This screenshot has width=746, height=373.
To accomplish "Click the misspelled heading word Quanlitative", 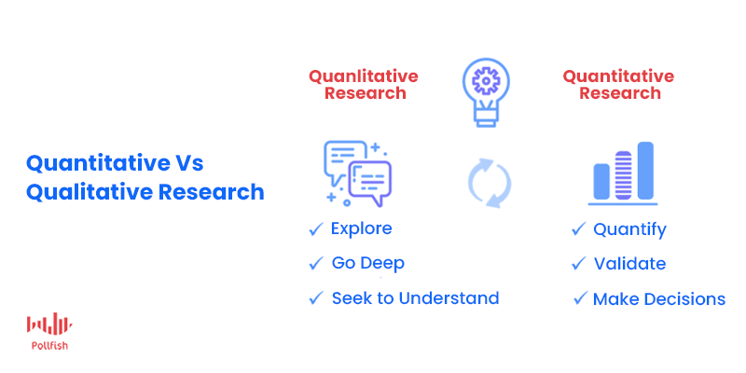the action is [x=364, y=76].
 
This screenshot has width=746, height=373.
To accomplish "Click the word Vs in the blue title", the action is [x=187, y=163].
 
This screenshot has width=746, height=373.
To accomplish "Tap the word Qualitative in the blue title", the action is [x=89, y=192].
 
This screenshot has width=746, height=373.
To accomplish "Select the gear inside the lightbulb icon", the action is [x=485, y=81].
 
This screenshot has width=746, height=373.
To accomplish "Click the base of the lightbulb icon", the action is [x=486, y=118].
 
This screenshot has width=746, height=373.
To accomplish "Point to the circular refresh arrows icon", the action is [x=490, y=183].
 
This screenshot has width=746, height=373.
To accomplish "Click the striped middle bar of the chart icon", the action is [x=623, y=175].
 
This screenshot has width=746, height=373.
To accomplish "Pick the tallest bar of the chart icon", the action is [x=645, y=171].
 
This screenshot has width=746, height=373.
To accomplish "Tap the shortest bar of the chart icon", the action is [x=601, y=181].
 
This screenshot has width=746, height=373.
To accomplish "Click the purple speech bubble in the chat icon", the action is [x=370, y=182].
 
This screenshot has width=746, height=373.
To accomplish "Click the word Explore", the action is [x=362, y=228].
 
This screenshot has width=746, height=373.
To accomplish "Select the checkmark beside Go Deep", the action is [x=316, y=263].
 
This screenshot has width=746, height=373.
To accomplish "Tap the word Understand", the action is [x=449, y=298].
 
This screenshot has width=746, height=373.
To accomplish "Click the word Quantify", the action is [x=630, y=229].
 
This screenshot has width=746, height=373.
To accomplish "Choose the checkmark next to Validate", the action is [x=578, y=263].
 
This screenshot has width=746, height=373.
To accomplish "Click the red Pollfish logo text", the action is [x=49, y=346].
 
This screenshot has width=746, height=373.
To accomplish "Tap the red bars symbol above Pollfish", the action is [x=49, y=324].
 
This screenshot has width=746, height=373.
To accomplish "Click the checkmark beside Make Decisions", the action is [x=581, y=298].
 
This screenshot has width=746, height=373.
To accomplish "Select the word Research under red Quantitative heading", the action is [x=620, y=92].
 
